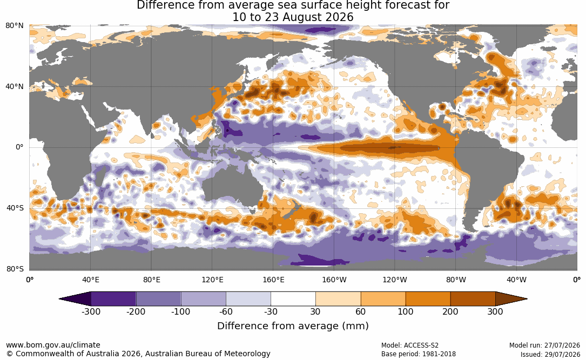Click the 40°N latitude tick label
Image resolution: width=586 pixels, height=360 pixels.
pos(15,87)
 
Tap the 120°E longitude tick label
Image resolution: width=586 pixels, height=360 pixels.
pos(212,280)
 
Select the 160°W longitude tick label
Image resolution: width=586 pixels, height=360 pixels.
pos(334,280)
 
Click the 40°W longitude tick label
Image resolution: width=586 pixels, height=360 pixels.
pos(516,280)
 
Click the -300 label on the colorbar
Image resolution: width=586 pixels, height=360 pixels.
pos(91,311)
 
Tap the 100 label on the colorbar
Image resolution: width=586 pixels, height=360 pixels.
pos(406,311)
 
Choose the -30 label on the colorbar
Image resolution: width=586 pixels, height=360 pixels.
pos(271,311)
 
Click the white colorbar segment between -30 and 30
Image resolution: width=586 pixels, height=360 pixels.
pos(293,299)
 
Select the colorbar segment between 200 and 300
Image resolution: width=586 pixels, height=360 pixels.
pos(473,299)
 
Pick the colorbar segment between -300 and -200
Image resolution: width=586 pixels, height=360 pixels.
pos(113,299)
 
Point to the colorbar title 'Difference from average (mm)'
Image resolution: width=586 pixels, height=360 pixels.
pos(293,326)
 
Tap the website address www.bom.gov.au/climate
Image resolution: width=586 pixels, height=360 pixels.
pos(53,345)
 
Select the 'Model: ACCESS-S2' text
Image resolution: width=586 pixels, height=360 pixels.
pos(409,345)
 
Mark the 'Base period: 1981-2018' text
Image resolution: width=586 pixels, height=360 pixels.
pos(418,354)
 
